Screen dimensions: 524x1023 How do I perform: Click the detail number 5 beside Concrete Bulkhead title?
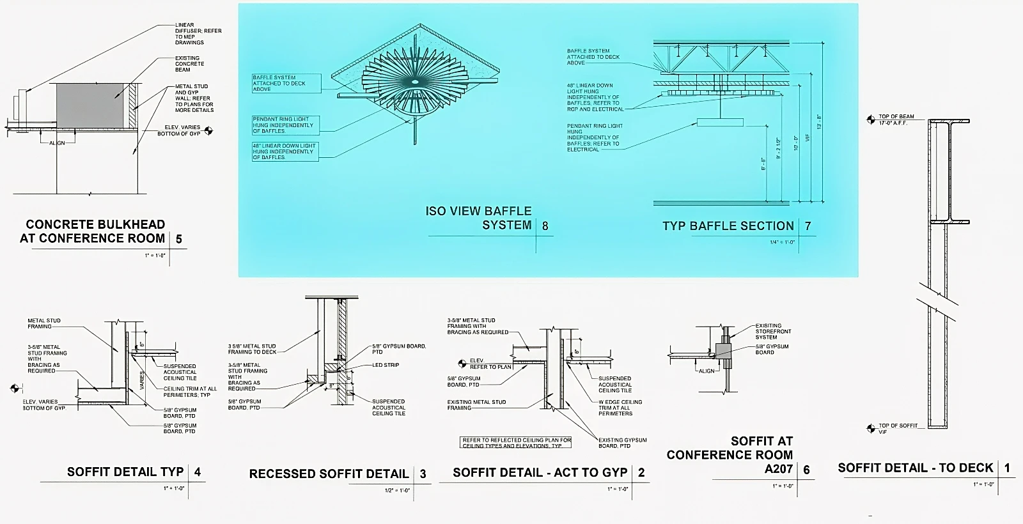pos(179,239)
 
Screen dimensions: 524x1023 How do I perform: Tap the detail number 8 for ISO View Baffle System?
pos(545,226)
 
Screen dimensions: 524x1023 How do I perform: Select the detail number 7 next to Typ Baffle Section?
pos(808,226)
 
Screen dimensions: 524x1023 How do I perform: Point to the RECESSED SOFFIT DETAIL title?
pos(329,474)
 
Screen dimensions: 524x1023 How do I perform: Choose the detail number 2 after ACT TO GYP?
pos(641,473)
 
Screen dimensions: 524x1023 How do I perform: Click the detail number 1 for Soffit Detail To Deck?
pos(1007,468)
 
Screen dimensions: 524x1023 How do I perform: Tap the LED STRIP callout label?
pos(386,366)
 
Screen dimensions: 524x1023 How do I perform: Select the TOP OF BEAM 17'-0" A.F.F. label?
pos(896,119)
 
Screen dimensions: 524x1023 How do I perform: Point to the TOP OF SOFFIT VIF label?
pos(898,428)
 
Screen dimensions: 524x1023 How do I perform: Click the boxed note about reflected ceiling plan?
pos(516,442)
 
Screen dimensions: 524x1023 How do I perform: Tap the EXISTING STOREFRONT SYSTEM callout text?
pos(773,332)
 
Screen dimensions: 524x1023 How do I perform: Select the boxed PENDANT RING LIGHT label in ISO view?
pos(283,125)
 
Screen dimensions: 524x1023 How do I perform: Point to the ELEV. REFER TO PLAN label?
pos(490,364)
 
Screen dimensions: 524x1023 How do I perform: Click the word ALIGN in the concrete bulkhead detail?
pos(57,143)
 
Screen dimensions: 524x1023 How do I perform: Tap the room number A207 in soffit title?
pos(779,469)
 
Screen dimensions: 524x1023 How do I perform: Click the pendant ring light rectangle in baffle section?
pos(720,122)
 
